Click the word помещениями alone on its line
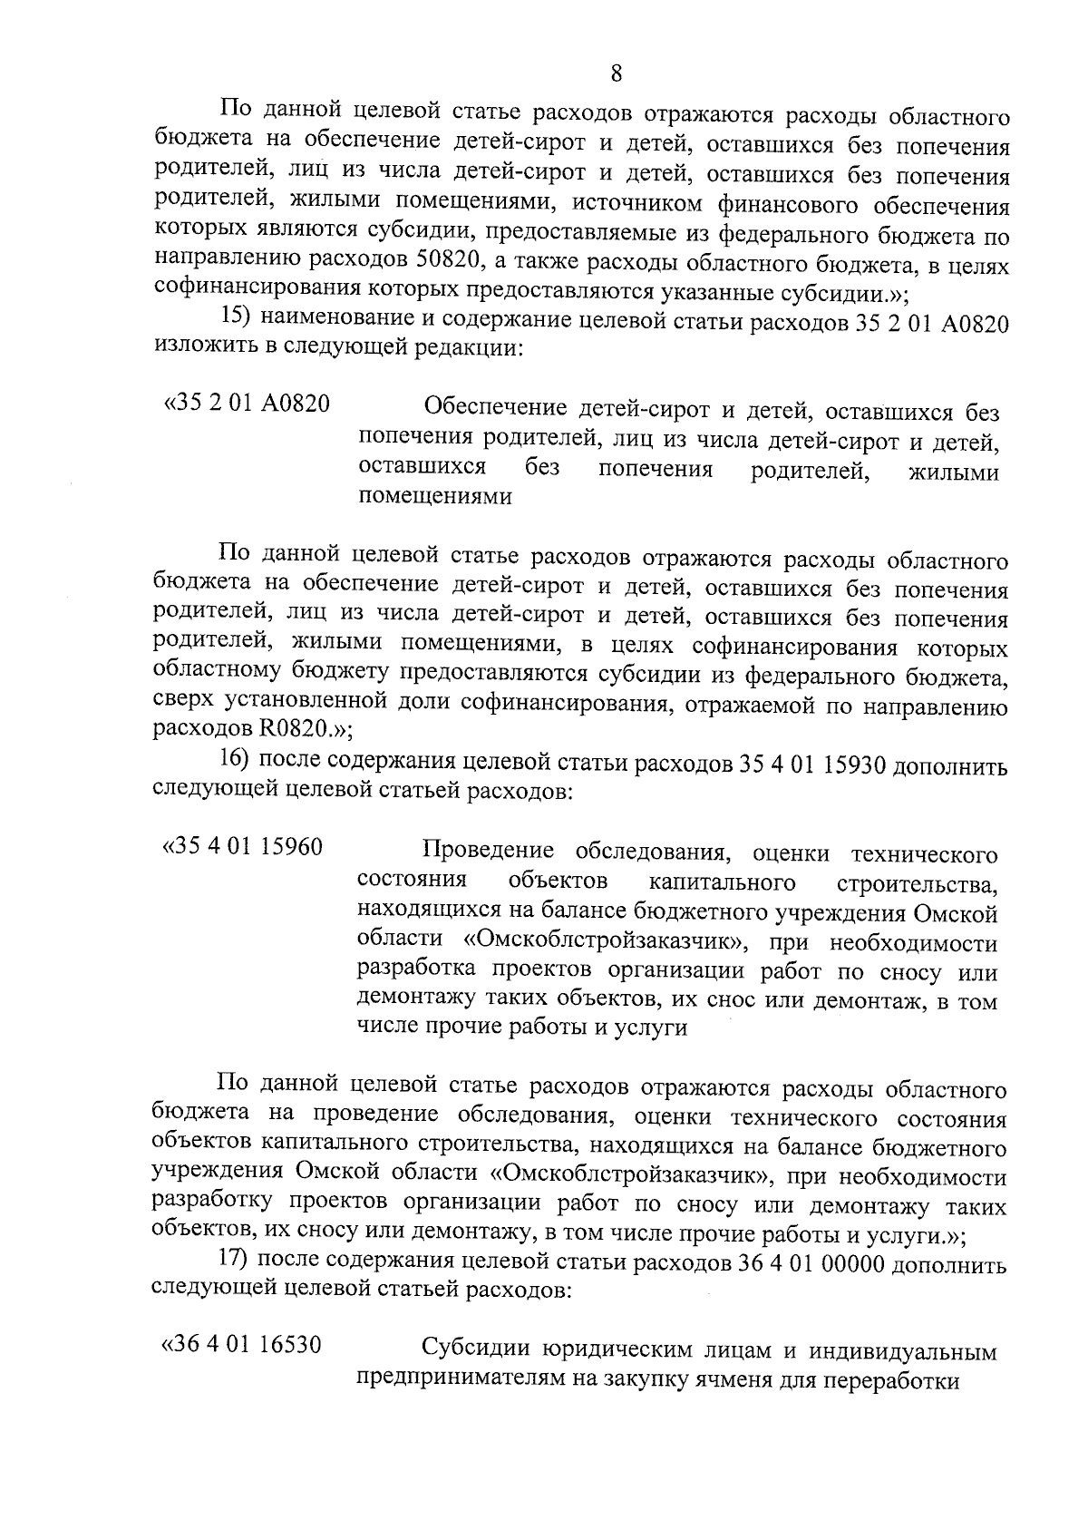pyautogui.click(x=435, y=498)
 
